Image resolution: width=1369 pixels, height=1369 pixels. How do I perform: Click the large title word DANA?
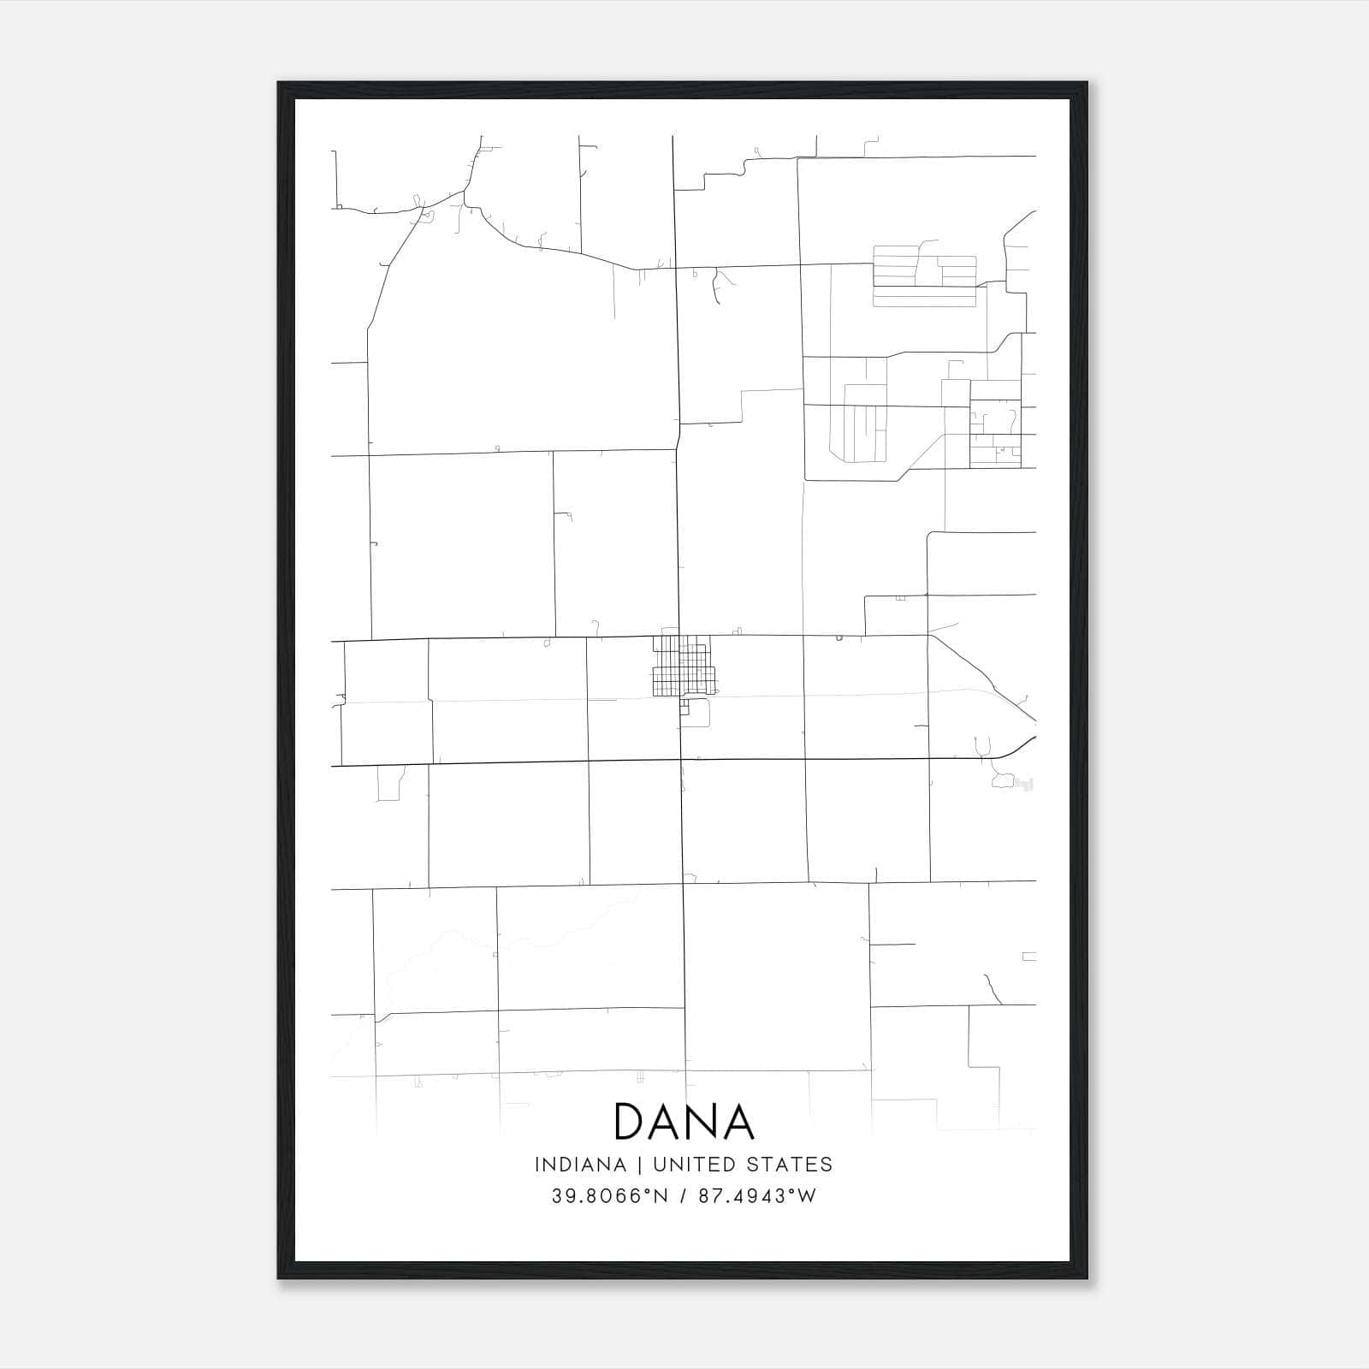[684, 1122]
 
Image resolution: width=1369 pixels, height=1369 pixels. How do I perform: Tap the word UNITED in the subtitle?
[685, 1165]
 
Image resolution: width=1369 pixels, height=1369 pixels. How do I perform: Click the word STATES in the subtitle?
[790, 1165]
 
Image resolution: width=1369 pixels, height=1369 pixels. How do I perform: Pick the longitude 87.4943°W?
[757, 1196]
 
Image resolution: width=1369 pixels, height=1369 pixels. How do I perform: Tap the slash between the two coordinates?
[682, 1196]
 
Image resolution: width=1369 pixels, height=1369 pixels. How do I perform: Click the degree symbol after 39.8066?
[647, 1191]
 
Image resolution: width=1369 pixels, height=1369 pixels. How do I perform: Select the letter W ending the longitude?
[807, 1196]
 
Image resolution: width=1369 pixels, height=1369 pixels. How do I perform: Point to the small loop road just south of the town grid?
[699, 712]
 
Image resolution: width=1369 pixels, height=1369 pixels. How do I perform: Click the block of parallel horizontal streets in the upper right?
[924, 276]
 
